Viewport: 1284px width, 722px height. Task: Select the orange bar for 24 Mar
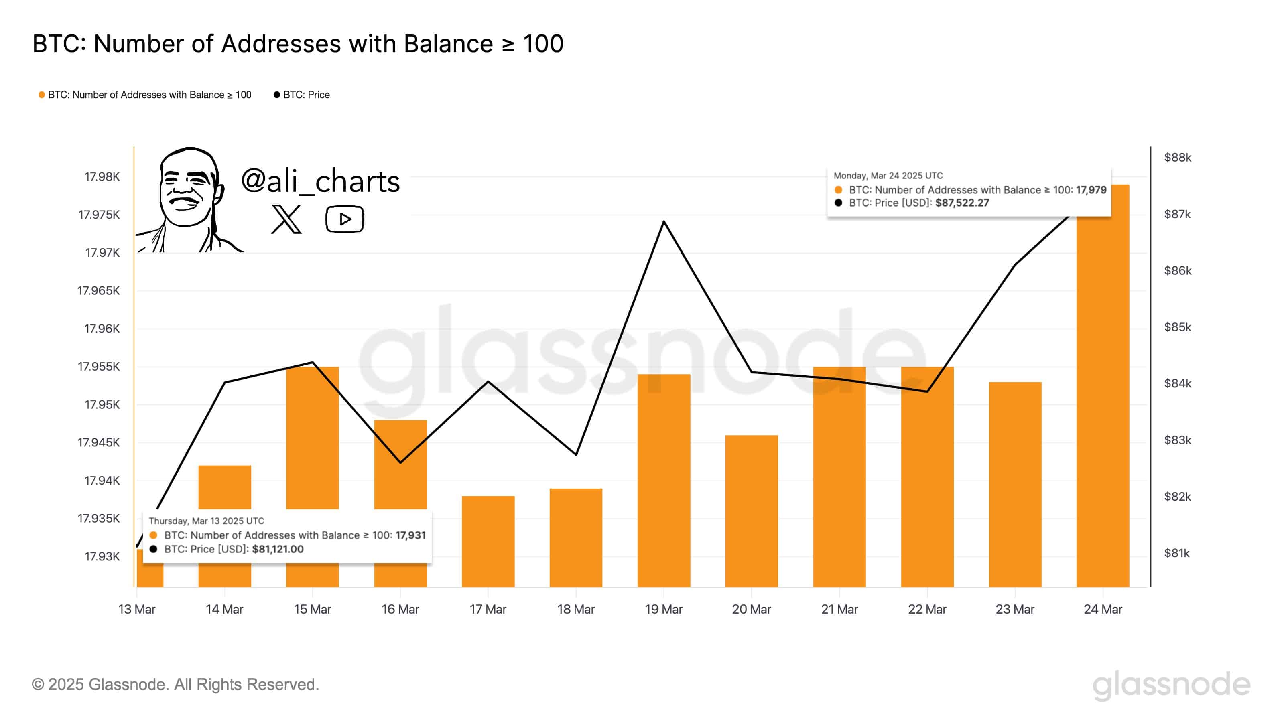pyautogui.click(x=1103, y=399)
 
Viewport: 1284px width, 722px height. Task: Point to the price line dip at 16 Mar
pyautogui.click(x=400, y=462)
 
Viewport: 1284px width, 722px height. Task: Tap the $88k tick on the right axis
pyautogui.click(x=1177, y=158)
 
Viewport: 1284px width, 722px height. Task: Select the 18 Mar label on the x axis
pyautogui.click(x=576, y=609)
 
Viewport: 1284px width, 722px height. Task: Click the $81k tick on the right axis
pyautogui.click(x=1176, y=553)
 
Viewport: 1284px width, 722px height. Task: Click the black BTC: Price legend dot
pyautogui.click(x=276, y=95)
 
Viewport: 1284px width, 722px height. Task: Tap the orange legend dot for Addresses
pyautogui.click(x=42, y=95)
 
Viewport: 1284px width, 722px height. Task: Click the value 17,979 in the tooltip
pyautogui.click(x=1091, y=190)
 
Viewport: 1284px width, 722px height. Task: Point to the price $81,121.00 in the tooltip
pyautogui.click(x=278, y=549)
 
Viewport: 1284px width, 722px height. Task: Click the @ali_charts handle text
pyautogui.click(x=320, y=181)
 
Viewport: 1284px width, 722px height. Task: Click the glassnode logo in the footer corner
pyautogui.click(x=1171, y=685)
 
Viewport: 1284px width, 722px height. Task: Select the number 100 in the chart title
pyautogui.click(x=543, y=44)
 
